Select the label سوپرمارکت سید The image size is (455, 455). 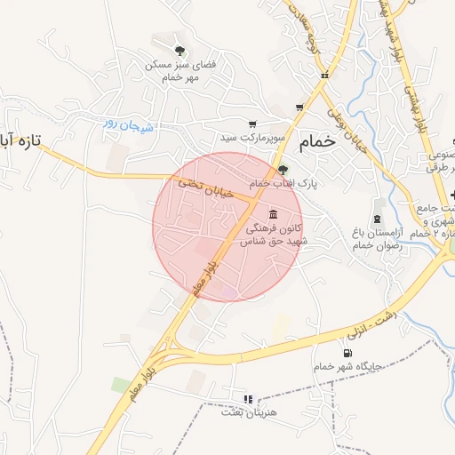pos(252,139)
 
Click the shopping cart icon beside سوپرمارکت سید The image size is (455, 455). pos(252,124)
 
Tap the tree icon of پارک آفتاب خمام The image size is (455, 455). pos(283,169)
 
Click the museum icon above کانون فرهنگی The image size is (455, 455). pos(271,215)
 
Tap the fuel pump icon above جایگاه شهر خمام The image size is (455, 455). pos(334,354)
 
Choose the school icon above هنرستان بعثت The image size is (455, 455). pos(249,399)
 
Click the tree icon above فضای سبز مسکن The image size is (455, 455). pos(180,51)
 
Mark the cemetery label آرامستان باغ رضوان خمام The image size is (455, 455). pos(378,238)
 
